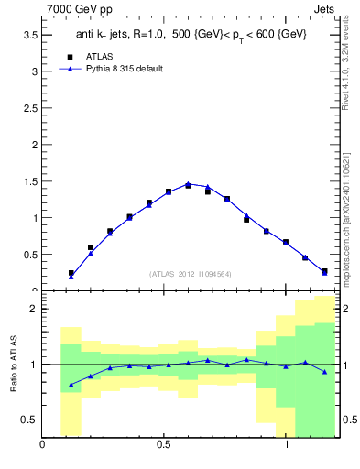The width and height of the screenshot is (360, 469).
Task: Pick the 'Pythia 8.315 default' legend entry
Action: [124, 69]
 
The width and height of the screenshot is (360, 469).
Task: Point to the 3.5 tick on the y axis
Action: [30, 34]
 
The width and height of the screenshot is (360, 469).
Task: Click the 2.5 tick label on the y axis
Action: [30, 107]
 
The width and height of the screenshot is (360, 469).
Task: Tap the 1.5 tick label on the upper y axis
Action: [30, 181]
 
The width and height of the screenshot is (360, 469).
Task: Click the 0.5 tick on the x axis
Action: [164, 445]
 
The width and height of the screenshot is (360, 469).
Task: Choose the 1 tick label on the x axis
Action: [286, 445]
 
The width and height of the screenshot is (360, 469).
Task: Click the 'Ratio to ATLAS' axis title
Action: [13, 364]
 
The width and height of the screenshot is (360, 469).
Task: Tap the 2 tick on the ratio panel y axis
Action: [35, 309]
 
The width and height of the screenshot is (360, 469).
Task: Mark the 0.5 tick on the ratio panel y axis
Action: [30, 420]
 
